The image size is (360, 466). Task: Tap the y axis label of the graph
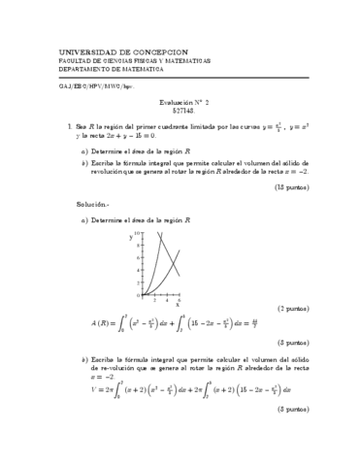pos(131,236)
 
